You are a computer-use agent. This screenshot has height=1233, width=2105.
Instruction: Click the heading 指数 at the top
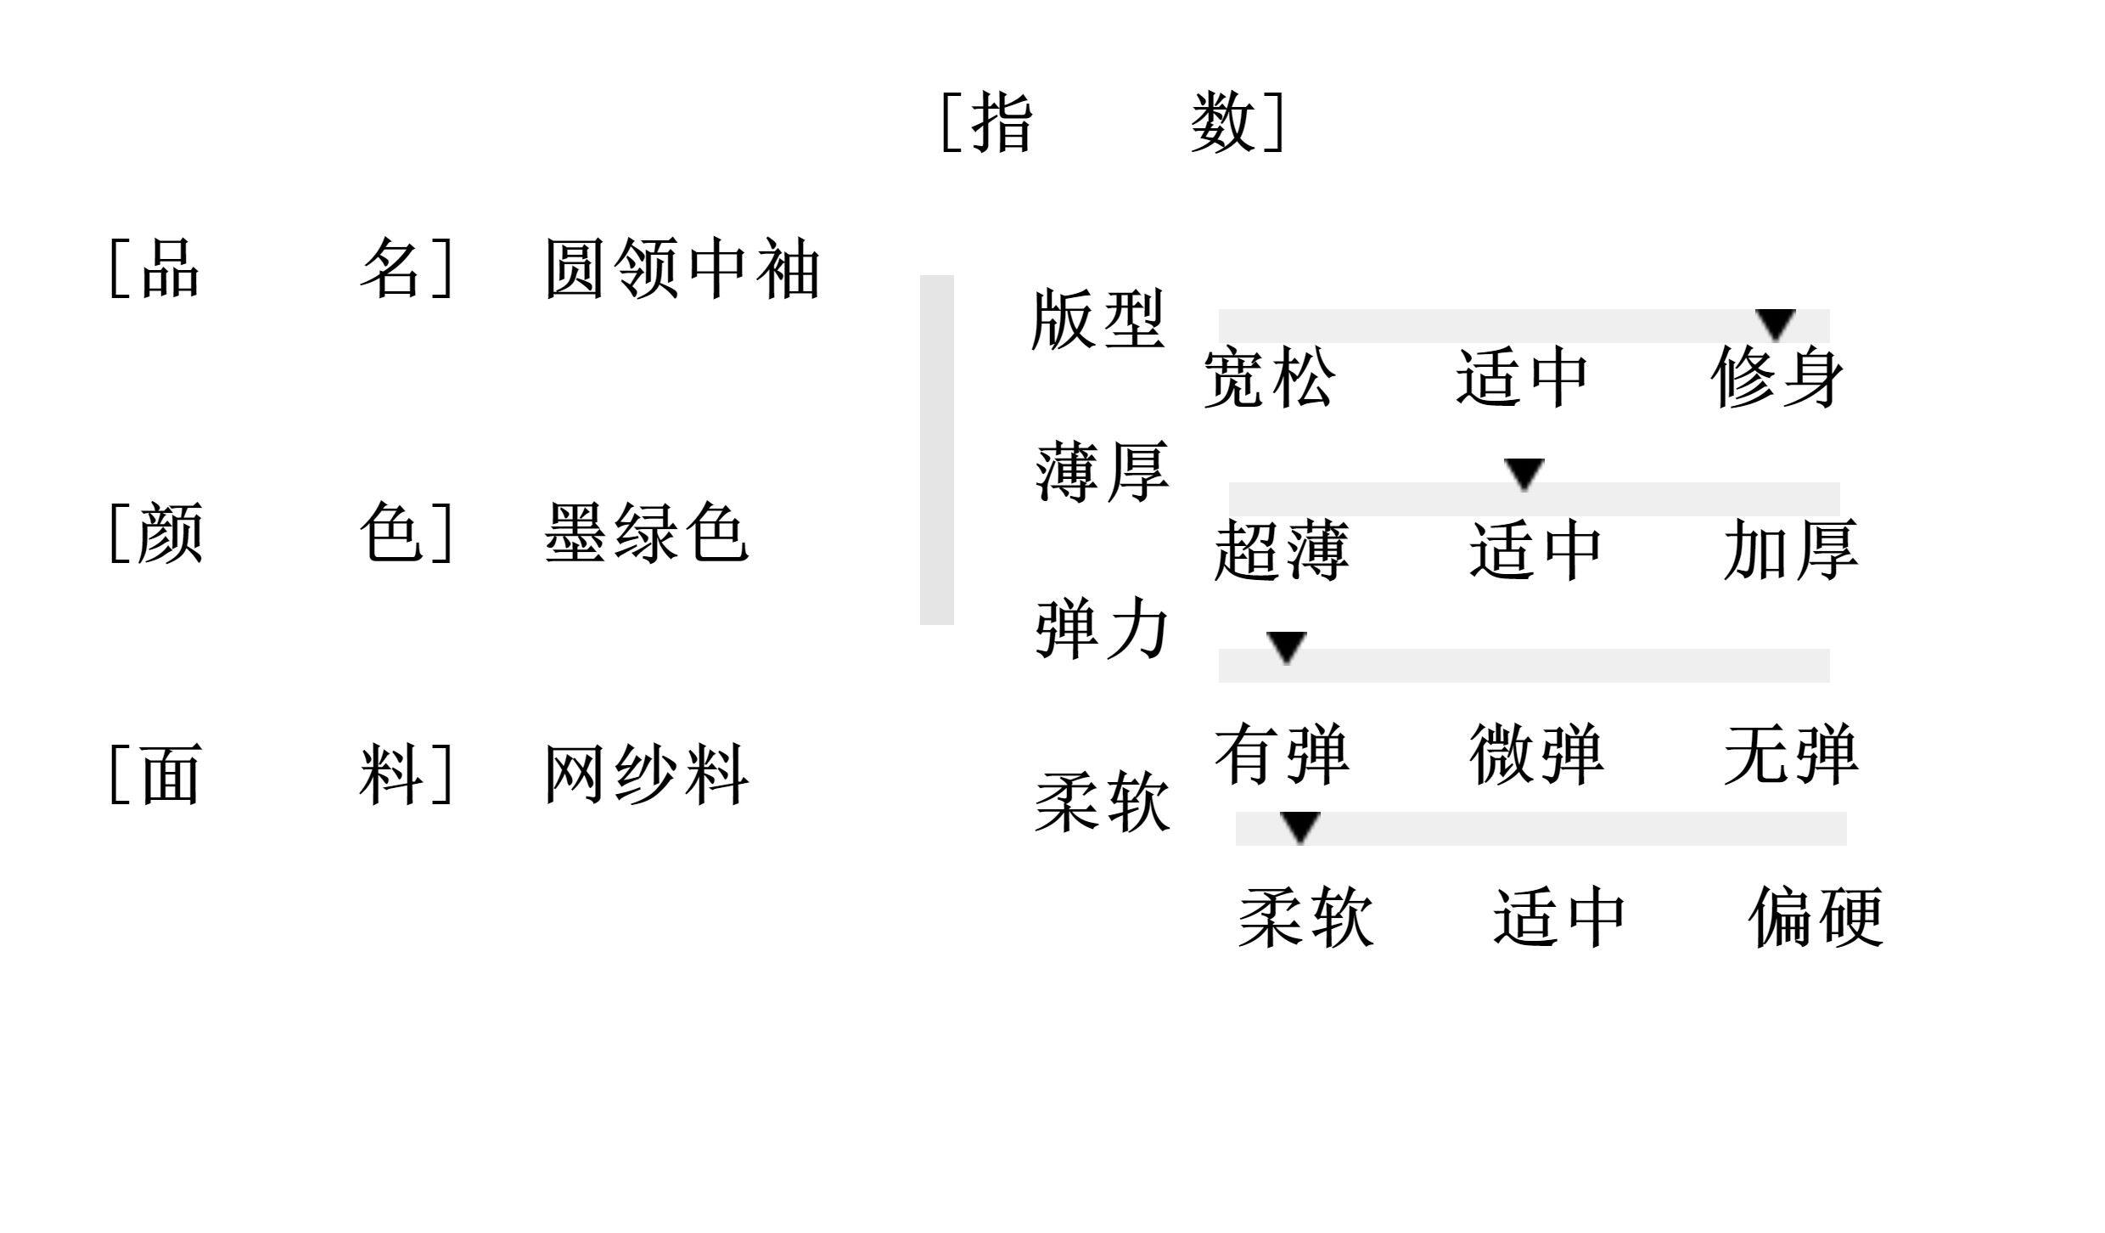pyautogui.click(x=1114, y=123)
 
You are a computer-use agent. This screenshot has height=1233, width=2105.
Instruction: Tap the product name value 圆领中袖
pyautogui.click(x=682, y=269)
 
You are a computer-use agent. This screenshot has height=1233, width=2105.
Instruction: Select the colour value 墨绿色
pyautogui.click(x=646, y=532)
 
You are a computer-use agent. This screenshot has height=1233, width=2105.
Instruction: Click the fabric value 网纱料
pyautogui.click(x=646, y=774)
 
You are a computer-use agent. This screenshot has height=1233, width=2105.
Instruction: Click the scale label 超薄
pyautogui.click(x=1281, y=550)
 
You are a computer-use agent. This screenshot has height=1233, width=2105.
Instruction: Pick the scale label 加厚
pyautogui.click(x=1790, y=550)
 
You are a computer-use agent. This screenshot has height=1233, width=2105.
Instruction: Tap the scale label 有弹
pyautogui.click(x=1281, y=754)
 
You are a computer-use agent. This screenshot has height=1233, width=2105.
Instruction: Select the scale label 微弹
pyautogui.click(x=1535, y=754)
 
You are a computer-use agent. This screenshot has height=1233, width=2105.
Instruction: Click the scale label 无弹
pyautogui.click(x=1790, y=754)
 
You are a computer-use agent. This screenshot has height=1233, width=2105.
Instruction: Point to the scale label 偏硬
pyautogui.click(x=1816, y=917)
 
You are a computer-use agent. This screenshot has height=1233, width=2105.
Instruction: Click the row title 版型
pyautogui.click(x=1097, y=320)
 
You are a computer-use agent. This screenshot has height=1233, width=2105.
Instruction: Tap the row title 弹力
pyautogui.click(x=1102, y=629)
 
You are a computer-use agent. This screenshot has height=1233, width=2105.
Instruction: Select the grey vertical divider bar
pyautogui.click(x=936, y=449)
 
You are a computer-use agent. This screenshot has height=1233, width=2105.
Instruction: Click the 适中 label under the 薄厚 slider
pyautogui.click(x=1535, y=550)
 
